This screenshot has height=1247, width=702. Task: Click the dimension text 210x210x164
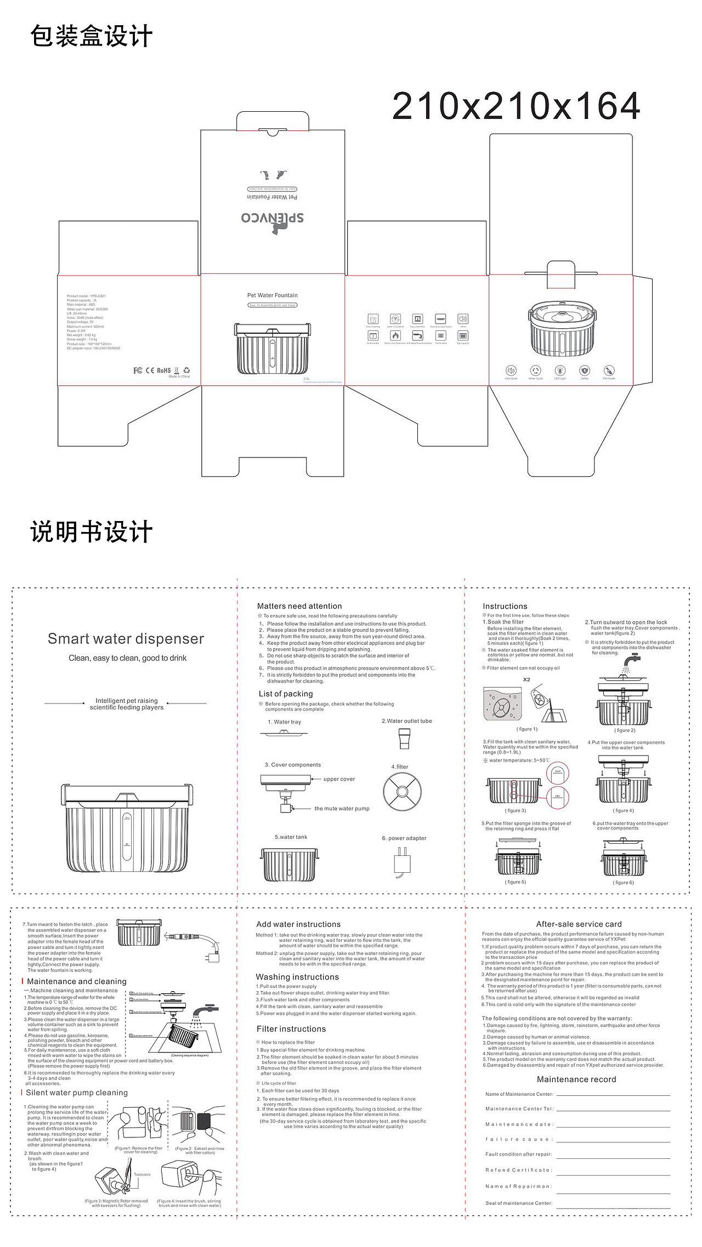click(x=516, y=106)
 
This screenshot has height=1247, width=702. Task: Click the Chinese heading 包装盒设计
click(x=91, y=36)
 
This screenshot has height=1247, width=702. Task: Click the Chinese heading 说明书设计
click(x=91, y=533)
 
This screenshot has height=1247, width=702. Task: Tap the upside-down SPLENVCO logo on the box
click(x=273, y=218)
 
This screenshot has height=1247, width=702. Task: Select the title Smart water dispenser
click(x=126, y=639)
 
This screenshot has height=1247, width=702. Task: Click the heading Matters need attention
click(x=299, y=606)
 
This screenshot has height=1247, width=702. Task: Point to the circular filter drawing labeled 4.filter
click(x=402, y=792)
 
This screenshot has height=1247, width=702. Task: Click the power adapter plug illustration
click(x=402, y=861)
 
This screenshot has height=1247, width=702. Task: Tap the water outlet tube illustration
click(x=404, y=739)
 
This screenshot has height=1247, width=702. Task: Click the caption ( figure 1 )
click(x=527, y=729)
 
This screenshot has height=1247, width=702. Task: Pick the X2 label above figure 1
click(x=526, y=679)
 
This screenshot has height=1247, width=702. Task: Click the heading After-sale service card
click(x=579, y=924)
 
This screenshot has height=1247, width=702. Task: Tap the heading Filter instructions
click(x=291, y=1029)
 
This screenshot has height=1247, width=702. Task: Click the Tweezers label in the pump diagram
click(x=142, y=1175)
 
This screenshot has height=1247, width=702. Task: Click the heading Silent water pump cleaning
click(x=77, y=1092)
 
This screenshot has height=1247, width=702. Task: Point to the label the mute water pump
click(x=342, y=809)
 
